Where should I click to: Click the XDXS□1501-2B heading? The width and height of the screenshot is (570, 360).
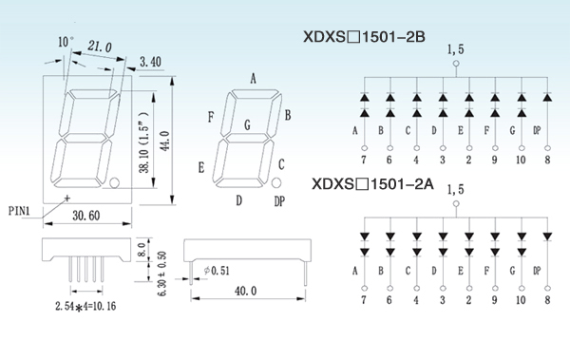pos(364,37)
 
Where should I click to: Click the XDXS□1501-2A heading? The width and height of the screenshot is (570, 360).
pos(372,184)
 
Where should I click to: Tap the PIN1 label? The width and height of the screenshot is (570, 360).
pos(19,211)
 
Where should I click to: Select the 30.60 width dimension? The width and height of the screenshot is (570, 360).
pos(86,216)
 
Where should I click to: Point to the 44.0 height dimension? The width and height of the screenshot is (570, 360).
pos(165,142)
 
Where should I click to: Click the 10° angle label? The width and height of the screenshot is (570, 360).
pos(66,42)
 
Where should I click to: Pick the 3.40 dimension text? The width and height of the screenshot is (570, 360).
pos(150,62)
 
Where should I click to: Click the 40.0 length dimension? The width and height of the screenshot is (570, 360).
pos(246,291)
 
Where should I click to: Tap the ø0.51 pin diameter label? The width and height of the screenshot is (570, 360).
pos(217,271)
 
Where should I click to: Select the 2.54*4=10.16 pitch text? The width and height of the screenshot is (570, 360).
pos(85,306)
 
